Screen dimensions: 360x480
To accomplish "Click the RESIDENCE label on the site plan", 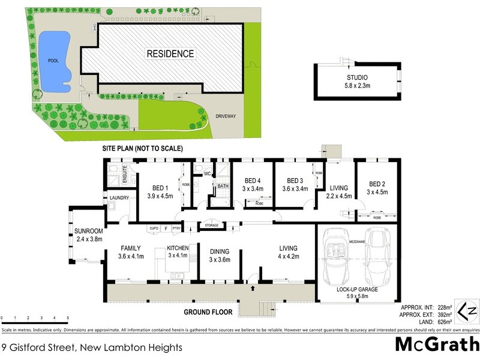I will pyautogui.click(x=170, y=54).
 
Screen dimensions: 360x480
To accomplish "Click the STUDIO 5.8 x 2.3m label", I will pyautogui.click(x=356, y=82).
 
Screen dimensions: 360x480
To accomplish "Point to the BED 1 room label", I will pyautogui.click(x=160, y=190).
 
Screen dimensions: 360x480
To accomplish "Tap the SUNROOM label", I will pyautogui.click(x=89, y=235).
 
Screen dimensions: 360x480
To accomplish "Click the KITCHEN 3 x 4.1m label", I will pyautogui.click(x=179, y=252).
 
